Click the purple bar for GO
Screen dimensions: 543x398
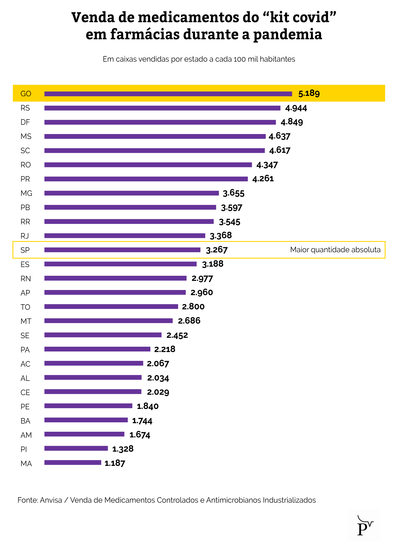pyautogui.click(x=168, y=94)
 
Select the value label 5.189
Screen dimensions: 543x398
pyautogui.click(x=309, y=93)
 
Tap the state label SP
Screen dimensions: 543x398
pyautogui.click(x=25, y=250)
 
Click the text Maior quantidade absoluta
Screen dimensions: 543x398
pyautogui.click(x=335, y=250)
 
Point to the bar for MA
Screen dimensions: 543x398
pyautogui.click(x=73, y=463)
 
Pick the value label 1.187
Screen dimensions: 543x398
pyautogui.click(x=115, y=463)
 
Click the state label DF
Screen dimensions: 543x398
pyautogui.click(x=25, y=122)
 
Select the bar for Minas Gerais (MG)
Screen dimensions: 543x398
pyautogui.click(x=132, y=193)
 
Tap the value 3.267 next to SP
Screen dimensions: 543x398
pyautogui.click(x=217, y=250)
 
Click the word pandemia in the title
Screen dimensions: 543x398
pyautogui.click(x=288, y=34)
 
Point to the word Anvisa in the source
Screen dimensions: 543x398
pyautogui.click(x=51, y=500)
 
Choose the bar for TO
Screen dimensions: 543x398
pyautogui.click(x=111, y=307)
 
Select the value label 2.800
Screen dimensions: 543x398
pyautogui.click(x=193, y=307)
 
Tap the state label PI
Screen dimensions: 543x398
pyautogui.click(x=24, y=449)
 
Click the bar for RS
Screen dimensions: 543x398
pyautogui.click(x=162, y=108)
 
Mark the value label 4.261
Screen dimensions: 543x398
pyautogui.click(x=263, y=179)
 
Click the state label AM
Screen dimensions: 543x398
pyautogui.click(x=26, y=435)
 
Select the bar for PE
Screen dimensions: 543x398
pyautogui.click(x=88, y=406)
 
